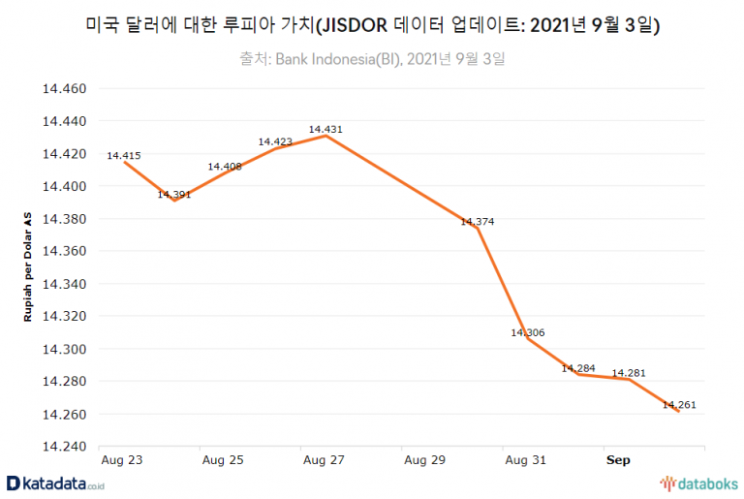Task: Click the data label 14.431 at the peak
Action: [326, 129]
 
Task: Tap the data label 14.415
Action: [124, 155]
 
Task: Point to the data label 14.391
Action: [174, 193]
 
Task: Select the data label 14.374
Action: [478, 222]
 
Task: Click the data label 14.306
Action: [528, 333]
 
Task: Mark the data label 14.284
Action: [578, 368]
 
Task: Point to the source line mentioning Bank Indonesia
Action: [372, 60]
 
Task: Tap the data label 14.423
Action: [276, 141]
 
